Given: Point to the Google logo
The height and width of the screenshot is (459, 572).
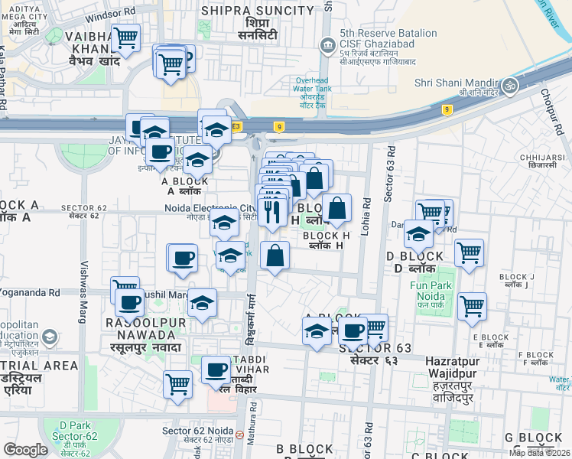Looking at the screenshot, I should [x=25, y=450].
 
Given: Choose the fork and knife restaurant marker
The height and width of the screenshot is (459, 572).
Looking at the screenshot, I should [x=272, y=209].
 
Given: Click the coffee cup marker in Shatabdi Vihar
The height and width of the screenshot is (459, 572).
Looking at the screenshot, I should [x=216, y=371].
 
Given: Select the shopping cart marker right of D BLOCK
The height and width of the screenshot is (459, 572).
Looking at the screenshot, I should [x=469, y=252].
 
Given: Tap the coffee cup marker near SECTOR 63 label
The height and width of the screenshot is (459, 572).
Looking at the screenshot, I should [x=353, y=330].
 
